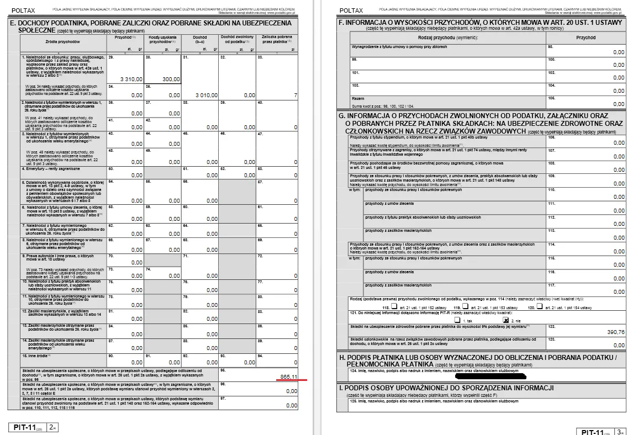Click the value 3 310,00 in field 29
pos(131,79)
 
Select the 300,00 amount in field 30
pos(171,79)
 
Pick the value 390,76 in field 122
pos(615,332)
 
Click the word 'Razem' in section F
pos(358,98)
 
